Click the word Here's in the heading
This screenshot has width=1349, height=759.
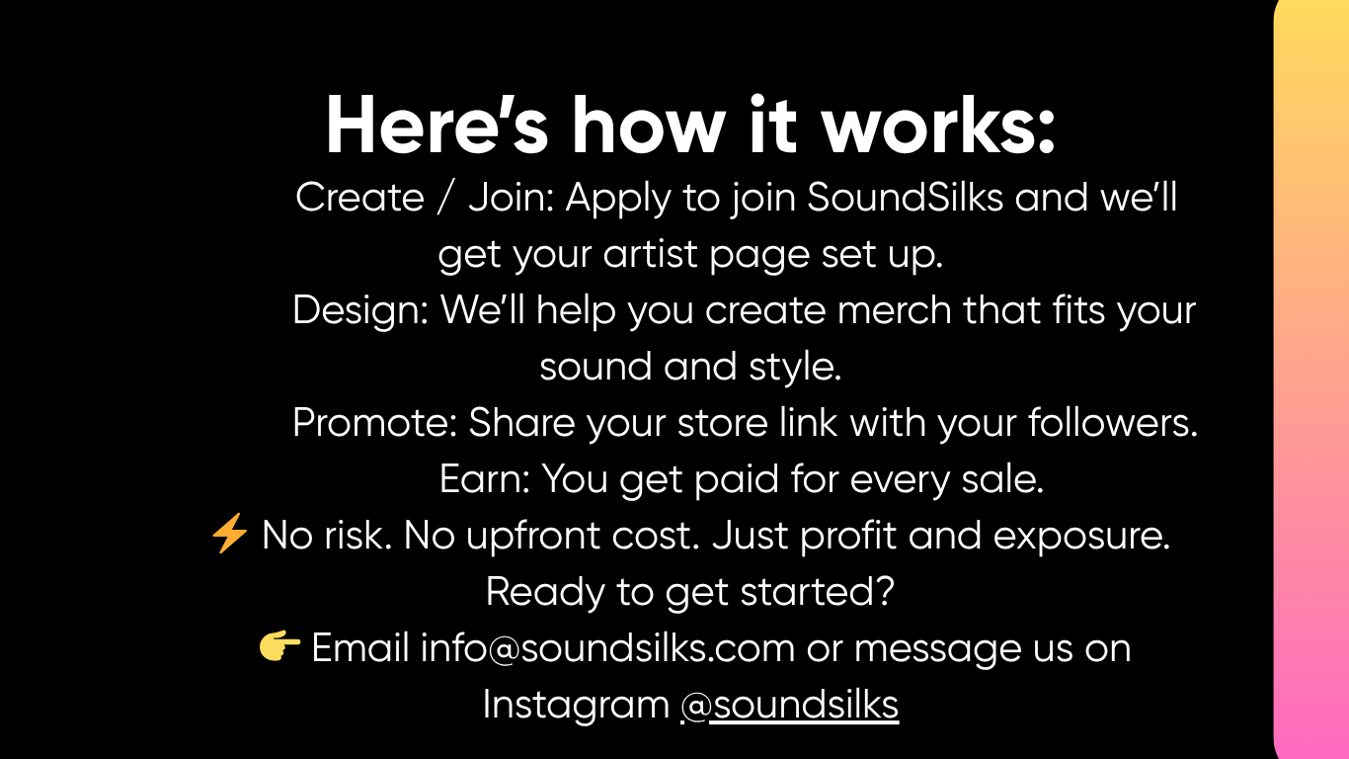pos(437,126)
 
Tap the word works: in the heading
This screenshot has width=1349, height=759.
pos(938,126)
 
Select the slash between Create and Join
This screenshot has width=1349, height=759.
pos(445,197)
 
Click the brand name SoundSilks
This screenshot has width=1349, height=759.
pos(905,197)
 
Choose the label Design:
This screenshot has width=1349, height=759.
pos(360,310)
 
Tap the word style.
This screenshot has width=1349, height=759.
pos(794,367)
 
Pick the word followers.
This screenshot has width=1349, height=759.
pos(1112,423)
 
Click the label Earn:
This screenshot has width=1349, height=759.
pos(485,479)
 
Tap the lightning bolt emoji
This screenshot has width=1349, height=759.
pos(229,533)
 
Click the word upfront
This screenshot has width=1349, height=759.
pos(533,536)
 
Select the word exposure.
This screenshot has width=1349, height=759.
pos(1081,536)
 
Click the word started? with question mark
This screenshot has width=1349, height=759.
pos(818,591)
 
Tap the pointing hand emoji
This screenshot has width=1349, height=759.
pos(279,646)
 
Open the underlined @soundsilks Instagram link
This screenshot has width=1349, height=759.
pos(789,704)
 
